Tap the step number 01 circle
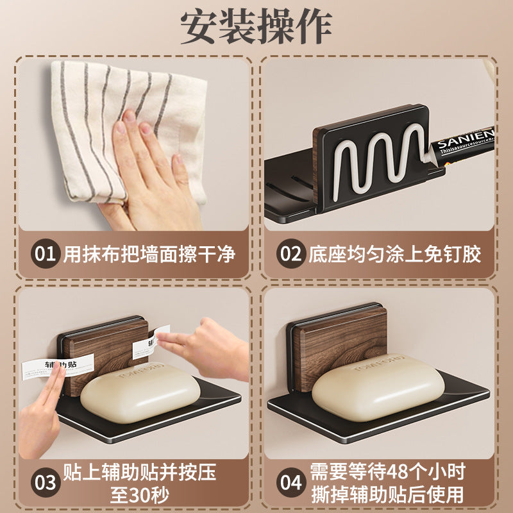click(46, 255)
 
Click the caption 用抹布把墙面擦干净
click(149, 255)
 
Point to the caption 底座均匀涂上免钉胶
click(394, 255)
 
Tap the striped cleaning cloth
click(96, 109)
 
